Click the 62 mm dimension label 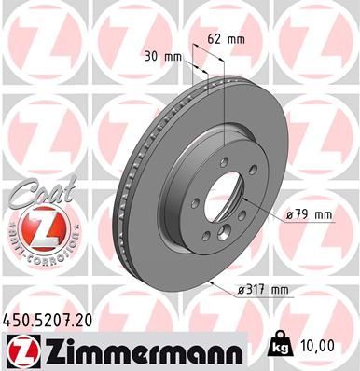point(228,40)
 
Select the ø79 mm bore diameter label point(312,215)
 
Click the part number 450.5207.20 point(48,319)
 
